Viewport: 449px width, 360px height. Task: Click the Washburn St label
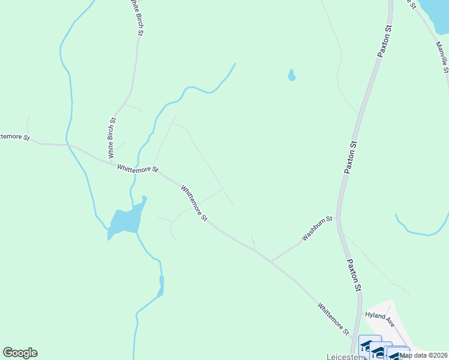point(317,229)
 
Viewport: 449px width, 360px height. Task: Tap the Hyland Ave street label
point(379,318)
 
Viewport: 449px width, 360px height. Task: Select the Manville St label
point(442,56)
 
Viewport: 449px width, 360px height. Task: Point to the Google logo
point(20,353)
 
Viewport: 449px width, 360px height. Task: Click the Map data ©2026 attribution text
point(424,355)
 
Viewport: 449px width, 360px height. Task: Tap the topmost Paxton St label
point(385,41)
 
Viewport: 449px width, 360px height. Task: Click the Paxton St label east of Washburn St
point(351,157)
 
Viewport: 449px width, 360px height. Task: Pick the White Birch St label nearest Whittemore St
point(112,137)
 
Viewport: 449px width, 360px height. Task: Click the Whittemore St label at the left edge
point(14,137)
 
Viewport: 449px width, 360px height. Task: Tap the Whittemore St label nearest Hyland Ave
point(333,318)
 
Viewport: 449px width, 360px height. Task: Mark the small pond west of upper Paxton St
point(291,76)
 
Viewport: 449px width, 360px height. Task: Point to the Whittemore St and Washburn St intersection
point(271,262)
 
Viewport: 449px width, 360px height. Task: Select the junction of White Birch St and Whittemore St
point(111,163)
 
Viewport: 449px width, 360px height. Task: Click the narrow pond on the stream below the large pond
point(161,286)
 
